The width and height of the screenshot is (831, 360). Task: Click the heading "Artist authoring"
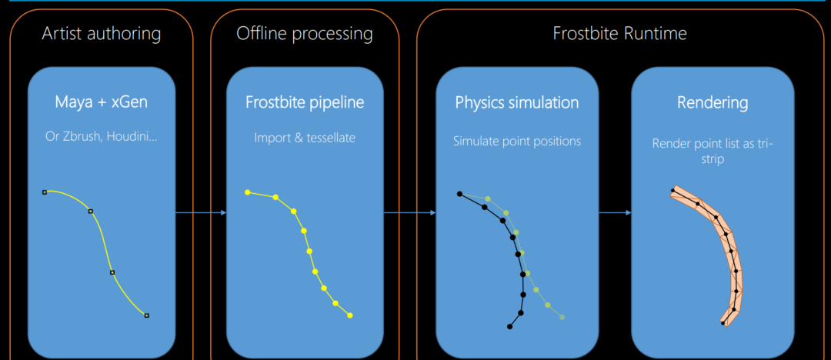(102, 34)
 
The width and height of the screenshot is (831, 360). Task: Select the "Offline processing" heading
(305, 34)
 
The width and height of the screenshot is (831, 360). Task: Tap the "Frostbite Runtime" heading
(620, 34)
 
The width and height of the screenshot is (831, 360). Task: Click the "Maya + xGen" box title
(102, 102)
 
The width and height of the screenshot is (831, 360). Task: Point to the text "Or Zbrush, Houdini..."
(102, 136)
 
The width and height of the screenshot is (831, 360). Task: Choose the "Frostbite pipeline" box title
(305, 102)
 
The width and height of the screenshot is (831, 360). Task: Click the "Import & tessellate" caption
(305, 138)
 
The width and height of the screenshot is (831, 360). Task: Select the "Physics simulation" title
(517, 102)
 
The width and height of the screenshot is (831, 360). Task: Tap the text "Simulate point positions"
(517, 142)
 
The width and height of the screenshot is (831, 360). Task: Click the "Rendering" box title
(713, 102)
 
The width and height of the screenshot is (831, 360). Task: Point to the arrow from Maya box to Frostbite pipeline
(201, 212)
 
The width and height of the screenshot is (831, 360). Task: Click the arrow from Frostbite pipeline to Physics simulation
(409, 212)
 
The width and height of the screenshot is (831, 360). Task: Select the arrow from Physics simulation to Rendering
(615, 212)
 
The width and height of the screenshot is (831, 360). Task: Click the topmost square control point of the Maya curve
(45, 192)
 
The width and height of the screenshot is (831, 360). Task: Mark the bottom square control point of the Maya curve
(147, 315)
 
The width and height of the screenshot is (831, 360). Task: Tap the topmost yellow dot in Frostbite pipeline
(248, 192)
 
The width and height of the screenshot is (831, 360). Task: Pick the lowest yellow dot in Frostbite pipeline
(350, 315)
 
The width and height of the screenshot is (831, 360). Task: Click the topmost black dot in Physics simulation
(459, 194)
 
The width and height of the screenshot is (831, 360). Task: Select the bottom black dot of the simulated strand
(510, 327)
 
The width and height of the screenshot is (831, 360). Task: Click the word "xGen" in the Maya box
(130, 102)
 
